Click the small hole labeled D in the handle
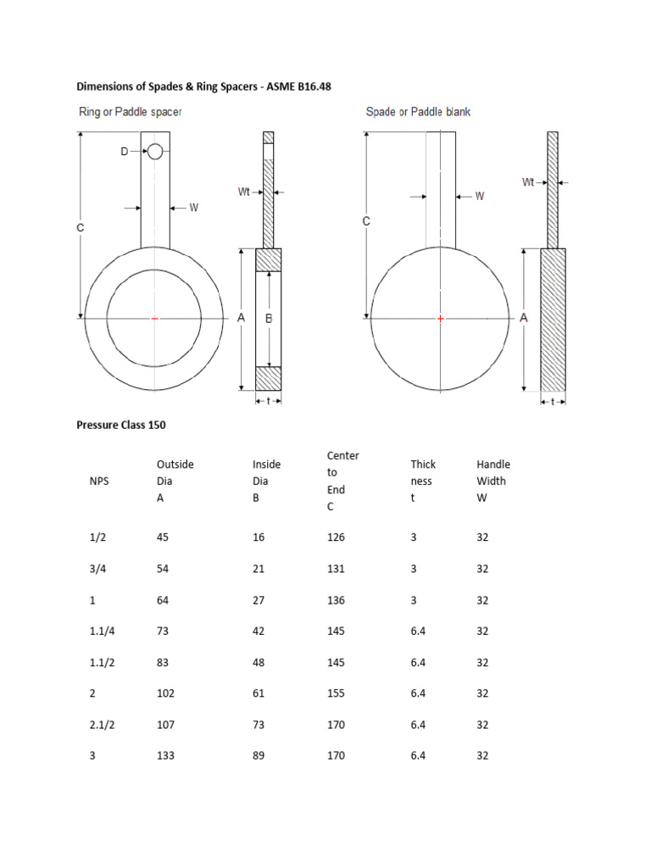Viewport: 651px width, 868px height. [x=155, y=153]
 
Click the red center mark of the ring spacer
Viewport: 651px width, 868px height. [x=154, y=319]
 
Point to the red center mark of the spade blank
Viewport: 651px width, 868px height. [x=441, y=319]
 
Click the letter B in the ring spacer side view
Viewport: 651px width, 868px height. [x=269, y=319]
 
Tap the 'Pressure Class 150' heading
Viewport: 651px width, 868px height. [x=120, y=426]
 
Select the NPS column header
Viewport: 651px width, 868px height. [x=99, y=481]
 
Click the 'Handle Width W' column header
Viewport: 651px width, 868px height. [x=493, y=481]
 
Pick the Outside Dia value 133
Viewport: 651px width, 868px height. [x=165, y=755]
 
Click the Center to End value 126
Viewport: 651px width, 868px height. [x=336, y=537]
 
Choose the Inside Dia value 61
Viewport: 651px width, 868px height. [x=259, y=693]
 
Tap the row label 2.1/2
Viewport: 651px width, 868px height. [x=102, y=724]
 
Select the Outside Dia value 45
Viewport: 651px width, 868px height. [x=163, y=537]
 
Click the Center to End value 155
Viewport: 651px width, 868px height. [x=336, y=693]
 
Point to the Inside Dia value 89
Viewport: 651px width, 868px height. [x=259, y=755]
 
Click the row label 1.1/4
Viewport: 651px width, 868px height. [x=102, y=631]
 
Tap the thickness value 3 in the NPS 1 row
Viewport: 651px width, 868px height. [x=414, y=600]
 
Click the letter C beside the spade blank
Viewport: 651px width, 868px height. [x=366, y=221]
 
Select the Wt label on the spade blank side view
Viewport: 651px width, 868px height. [x=527, y=181]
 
